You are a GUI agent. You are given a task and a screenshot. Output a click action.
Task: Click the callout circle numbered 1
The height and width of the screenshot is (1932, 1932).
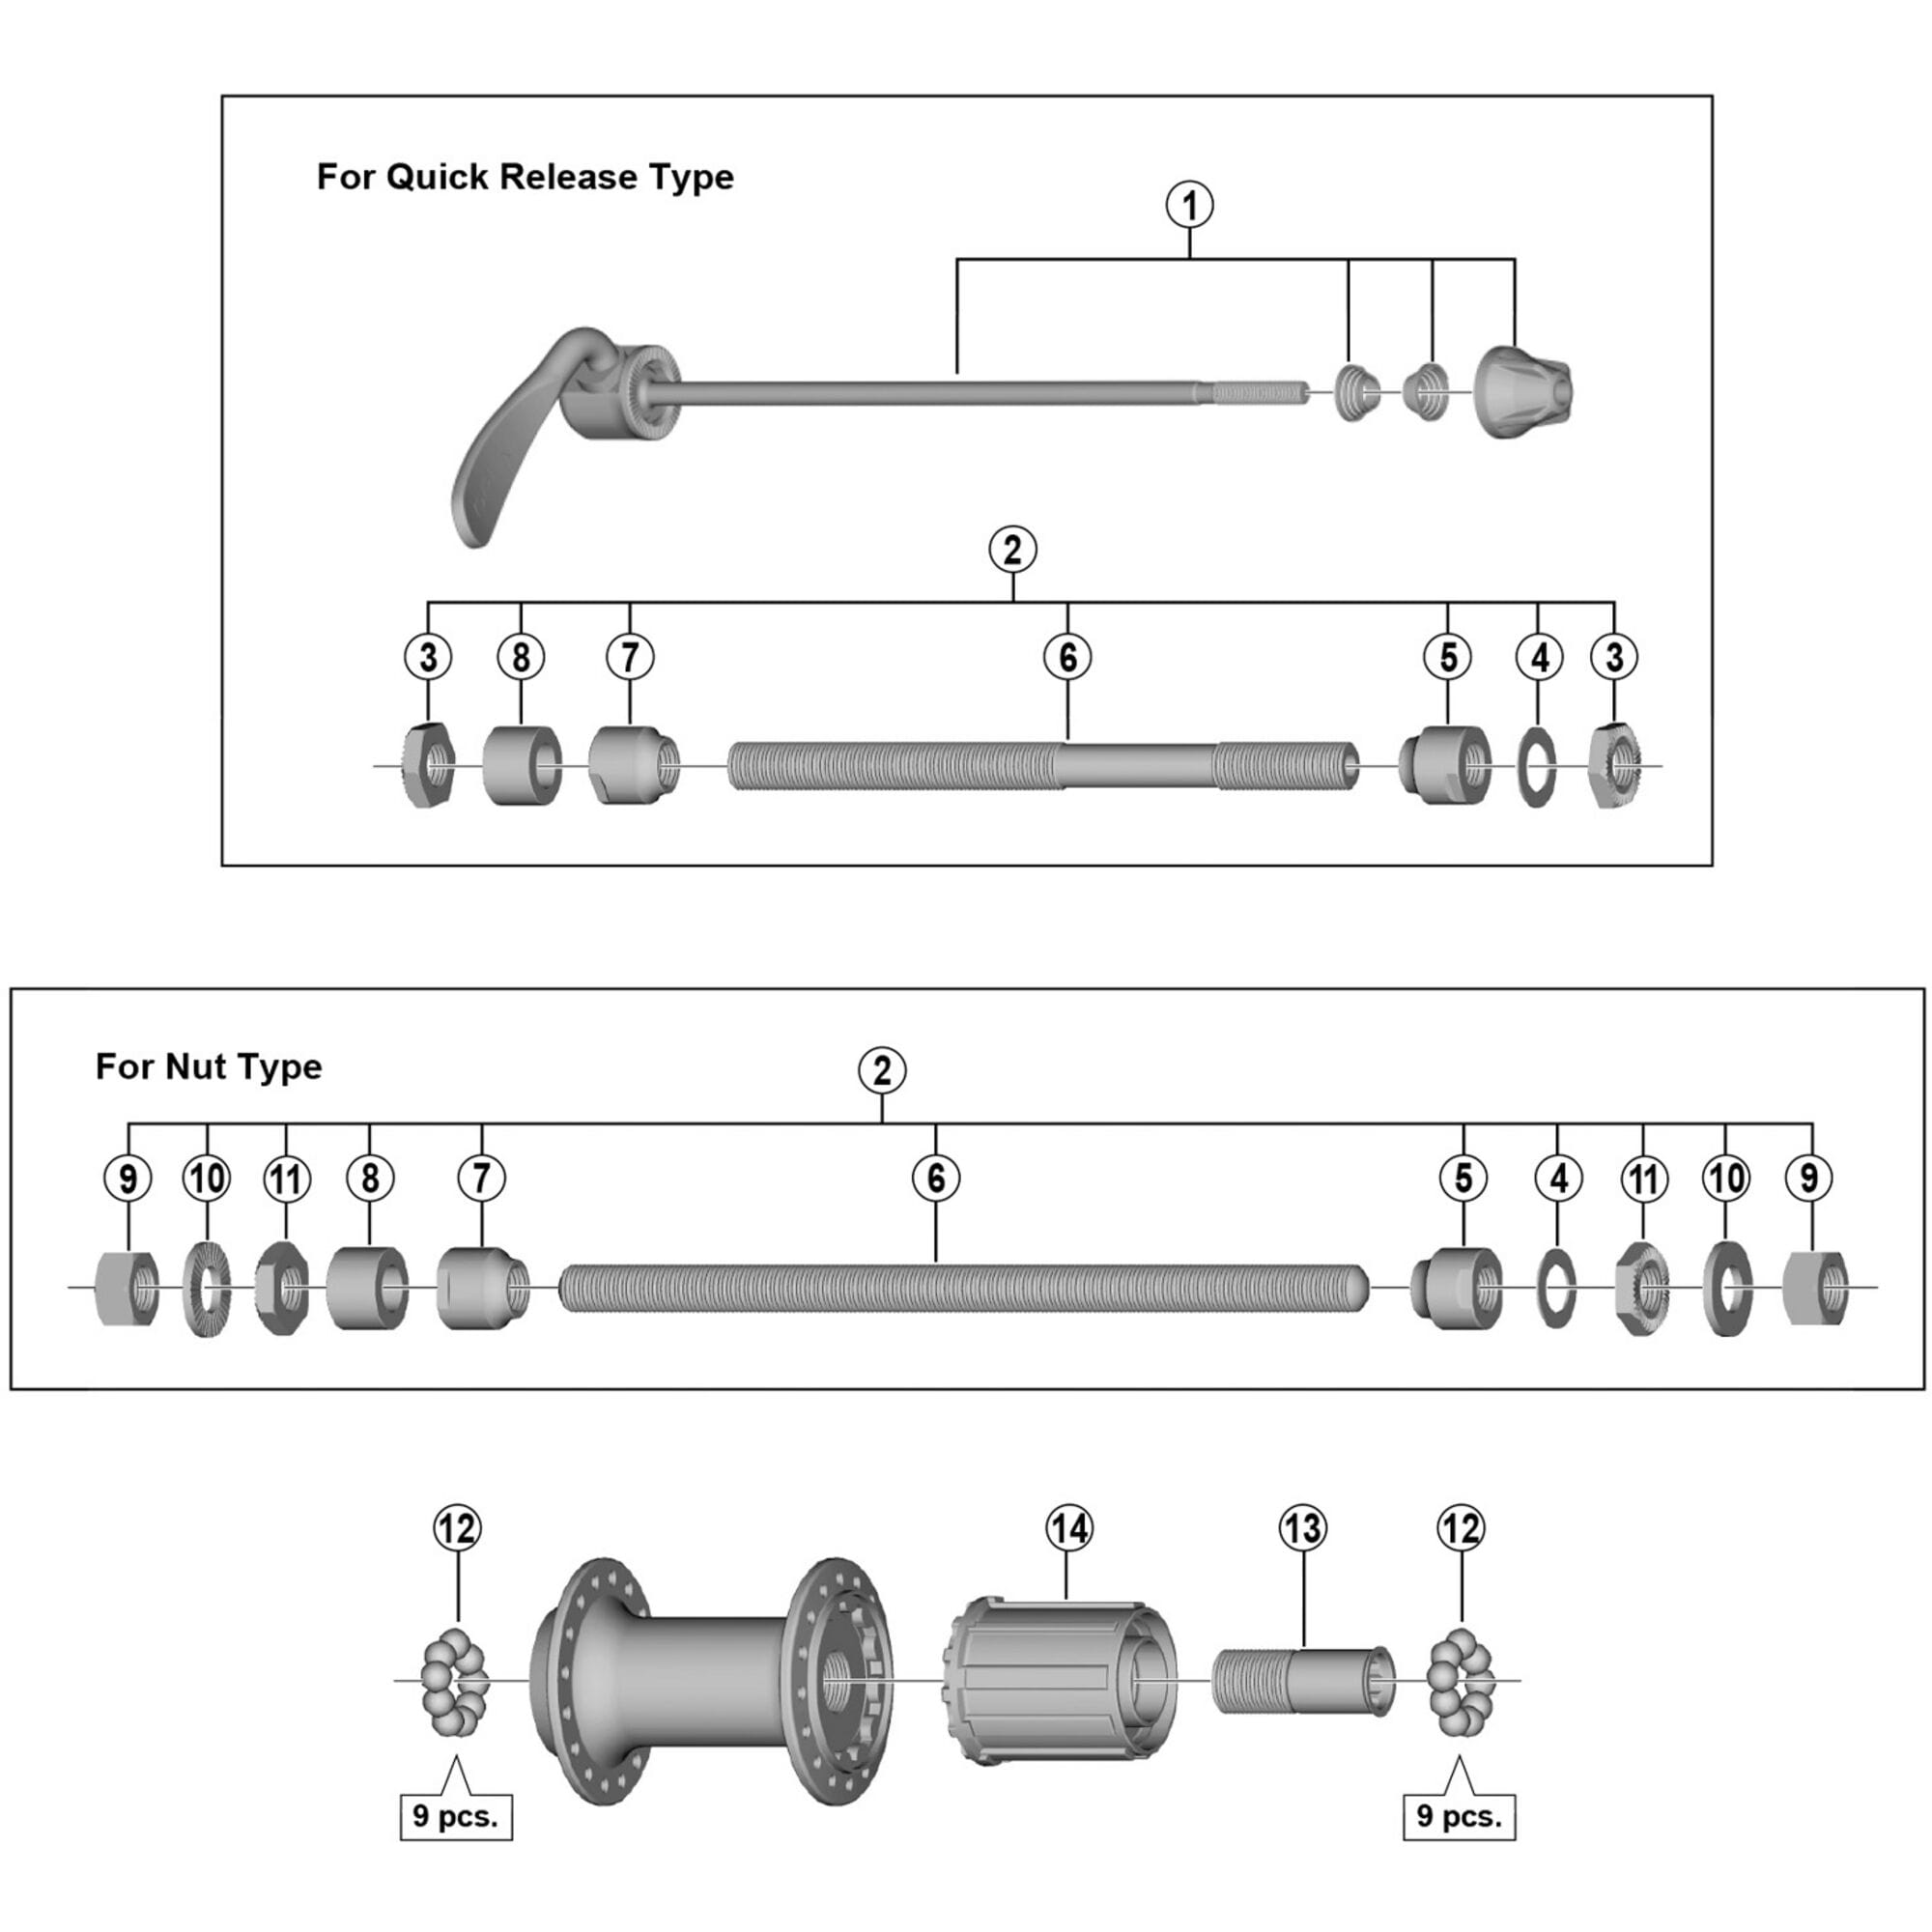pyautogui.click(x=1189, y=205)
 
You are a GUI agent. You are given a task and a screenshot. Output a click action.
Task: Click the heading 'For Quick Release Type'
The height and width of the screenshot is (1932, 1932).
pyautogui.click(x=525, y=177)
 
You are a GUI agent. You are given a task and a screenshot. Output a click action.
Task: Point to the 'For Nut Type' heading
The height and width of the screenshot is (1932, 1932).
pyautogui.click(x=209, y=1067)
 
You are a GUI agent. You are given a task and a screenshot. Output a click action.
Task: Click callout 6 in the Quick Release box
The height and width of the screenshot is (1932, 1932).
pyautogui.click(x=1067, y=657)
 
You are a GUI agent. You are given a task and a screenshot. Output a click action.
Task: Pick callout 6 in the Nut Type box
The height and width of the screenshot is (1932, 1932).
pyautogui.click(x=935, y=1178)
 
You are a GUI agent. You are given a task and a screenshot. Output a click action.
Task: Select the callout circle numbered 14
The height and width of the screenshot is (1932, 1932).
pyautogui.click(x=1069, y=1528)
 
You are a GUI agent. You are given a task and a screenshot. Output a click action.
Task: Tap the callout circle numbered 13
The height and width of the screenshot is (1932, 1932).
pyautogui.click(x=1302, y=1528)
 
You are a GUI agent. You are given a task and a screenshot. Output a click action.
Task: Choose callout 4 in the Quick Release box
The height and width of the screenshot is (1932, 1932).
pyautogui.click(x=1539, y=657)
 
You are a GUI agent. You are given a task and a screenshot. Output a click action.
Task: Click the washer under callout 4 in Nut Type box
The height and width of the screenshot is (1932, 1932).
pyautogui.click(x=1556, y=1287)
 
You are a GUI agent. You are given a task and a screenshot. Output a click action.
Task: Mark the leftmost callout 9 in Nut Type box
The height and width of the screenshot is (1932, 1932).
pyautogui.click(x=128, y=1178)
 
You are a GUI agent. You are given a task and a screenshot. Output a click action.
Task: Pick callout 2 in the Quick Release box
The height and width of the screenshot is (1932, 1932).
pyautogui.click(x=1012, y=549)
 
